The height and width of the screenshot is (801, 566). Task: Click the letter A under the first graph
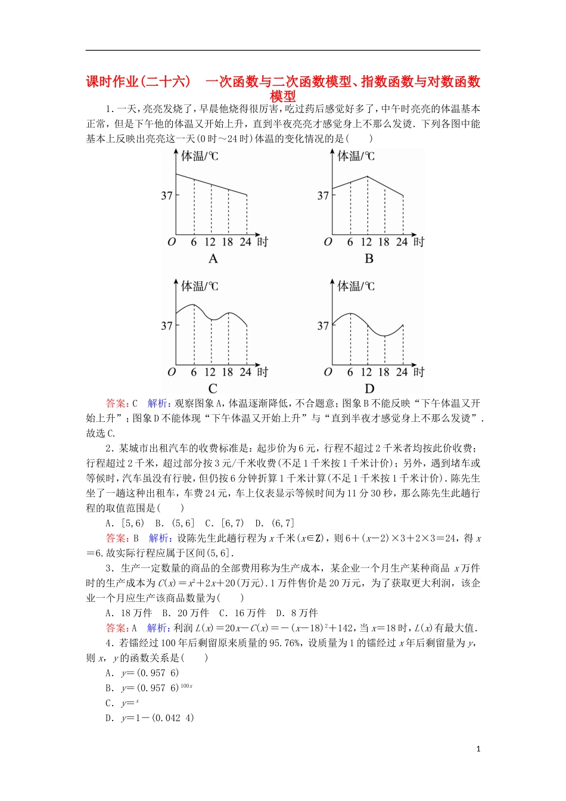[x=213, y=259]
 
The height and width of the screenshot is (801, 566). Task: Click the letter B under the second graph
[x=369, y=259]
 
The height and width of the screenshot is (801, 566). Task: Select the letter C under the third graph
[x=213, y=389]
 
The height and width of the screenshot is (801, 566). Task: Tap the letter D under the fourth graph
[x=369, y=389]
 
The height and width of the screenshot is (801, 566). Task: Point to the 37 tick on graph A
[x=167, y=195]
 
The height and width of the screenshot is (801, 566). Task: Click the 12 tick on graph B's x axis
[x=366, y=242]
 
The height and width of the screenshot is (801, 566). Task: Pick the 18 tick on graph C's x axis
[x=228, y=372]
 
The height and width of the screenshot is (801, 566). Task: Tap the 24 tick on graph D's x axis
[x=402, y=372]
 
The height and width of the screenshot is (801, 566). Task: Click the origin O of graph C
[x=172, y=372]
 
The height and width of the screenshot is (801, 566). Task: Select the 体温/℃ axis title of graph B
[x=356, y=156]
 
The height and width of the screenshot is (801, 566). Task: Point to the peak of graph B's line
[x=368, y=176]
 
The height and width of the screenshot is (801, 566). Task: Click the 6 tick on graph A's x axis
[x=194, y=242]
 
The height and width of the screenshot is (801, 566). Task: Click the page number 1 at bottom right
[x=478, y=749]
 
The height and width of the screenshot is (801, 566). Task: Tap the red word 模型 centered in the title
[x=283, y=96]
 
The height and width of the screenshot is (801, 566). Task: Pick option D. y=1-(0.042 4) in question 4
[x=150, y=718]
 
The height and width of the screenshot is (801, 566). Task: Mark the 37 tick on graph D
[x=323, y=326]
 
